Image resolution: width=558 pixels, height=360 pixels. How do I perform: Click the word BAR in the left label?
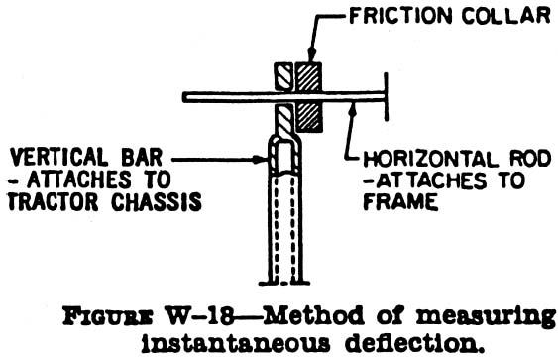[145, 157]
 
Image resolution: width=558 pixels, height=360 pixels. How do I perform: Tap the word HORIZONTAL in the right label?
[420, 157]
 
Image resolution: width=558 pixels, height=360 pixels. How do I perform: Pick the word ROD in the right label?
[512, 157]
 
